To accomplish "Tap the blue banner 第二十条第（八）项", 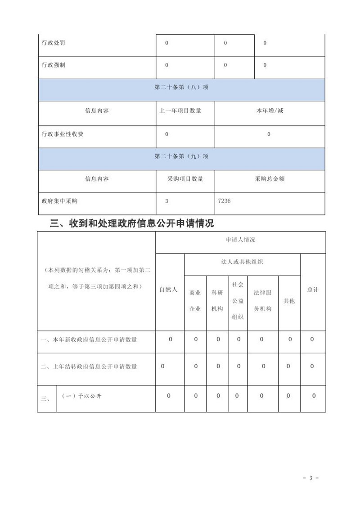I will click(x=181, y=88).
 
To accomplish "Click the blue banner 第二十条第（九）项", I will click(x=181, y=156).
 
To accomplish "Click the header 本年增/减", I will click(x=269, y=111).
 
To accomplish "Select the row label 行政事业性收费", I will click(x=62, y=134).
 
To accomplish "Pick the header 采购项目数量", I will click(x=185, y=179).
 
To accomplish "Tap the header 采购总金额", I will click(x=269, y=179).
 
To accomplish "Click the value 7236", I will click(x=224, y=201).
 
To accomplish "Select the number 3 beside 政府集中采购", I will click(x=166, y=201).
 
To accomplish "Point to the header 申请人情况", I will click(x=240, y=240).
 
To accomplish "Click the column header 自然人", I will click(x=169, y=290).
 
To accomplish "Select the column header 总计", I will click(x=313, y=290).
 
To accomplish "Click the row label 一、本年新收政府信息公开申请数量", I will click(x=89, y=339).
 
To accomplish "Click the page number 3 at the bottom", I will click(x=310, y=477).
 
